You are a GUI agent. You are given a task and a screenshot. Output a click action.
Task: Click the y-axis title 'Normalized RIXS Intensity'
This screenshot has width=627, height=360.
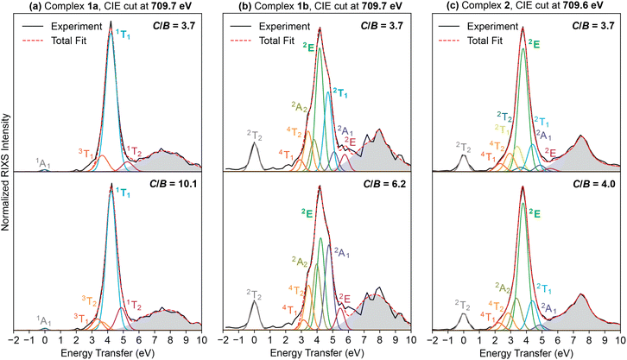click(7, 173)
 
